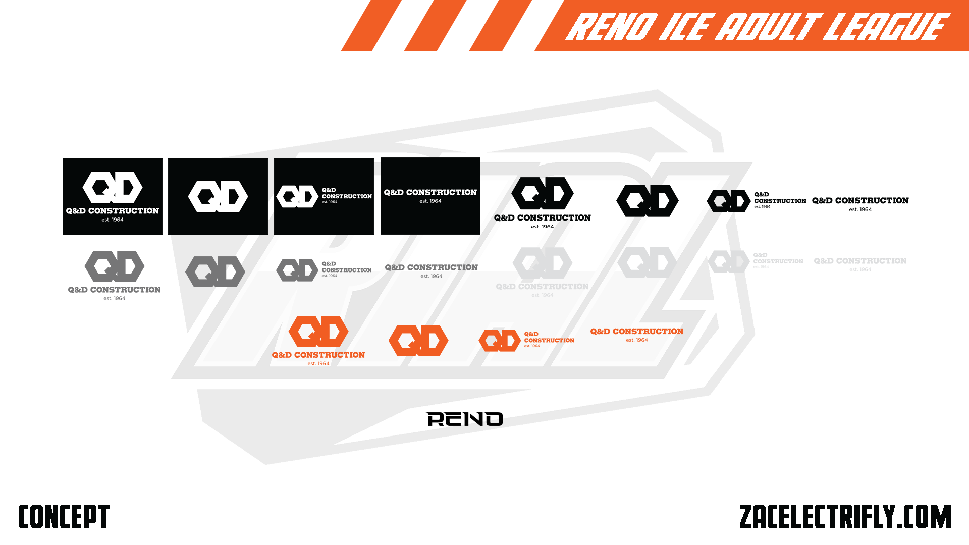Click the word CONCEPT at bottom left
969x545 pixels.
(x=64, y=516)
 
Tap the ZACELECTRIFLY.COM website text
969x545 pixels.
(x=845, y=516)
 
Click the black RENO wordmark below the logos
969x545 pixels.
(x=465, y=419)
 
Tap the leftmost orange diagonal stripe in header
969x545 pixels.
(x=371, y=25)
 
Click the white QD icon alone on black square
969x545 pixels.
(x=218, y=196)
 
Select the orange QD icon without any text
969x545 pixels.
(x=418, y=340)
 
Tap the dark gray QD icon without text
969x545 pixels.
(x=215, y=271)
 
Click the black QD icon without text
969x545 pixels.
(x=648, y=200)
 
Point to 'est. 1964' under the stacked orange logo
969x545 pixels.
(x=318, y=363)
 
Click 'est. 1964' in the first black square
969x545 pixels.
(x=113, y=220)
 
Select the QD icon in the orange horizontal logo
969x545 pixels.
(x=500, y=341)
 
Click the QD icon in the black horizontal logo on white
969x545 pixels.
(x=728, y=201)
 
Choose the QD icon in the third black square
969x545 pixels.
(x=297, y=196)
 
